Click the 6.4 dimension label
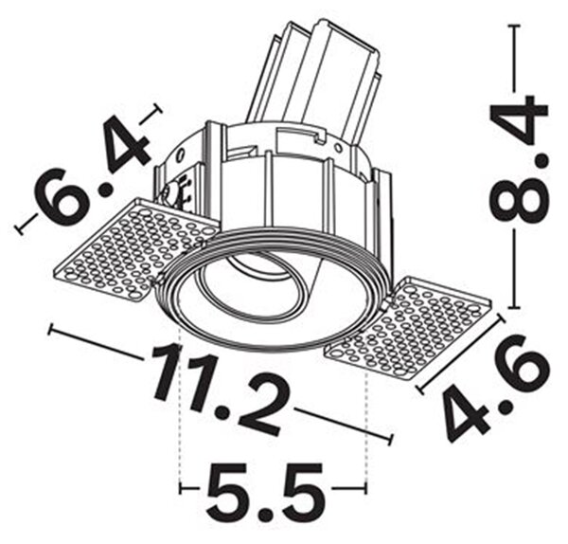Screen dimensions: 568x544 coord(93,170)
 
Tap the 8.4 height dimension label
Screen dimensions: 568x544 coord(517,159)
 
